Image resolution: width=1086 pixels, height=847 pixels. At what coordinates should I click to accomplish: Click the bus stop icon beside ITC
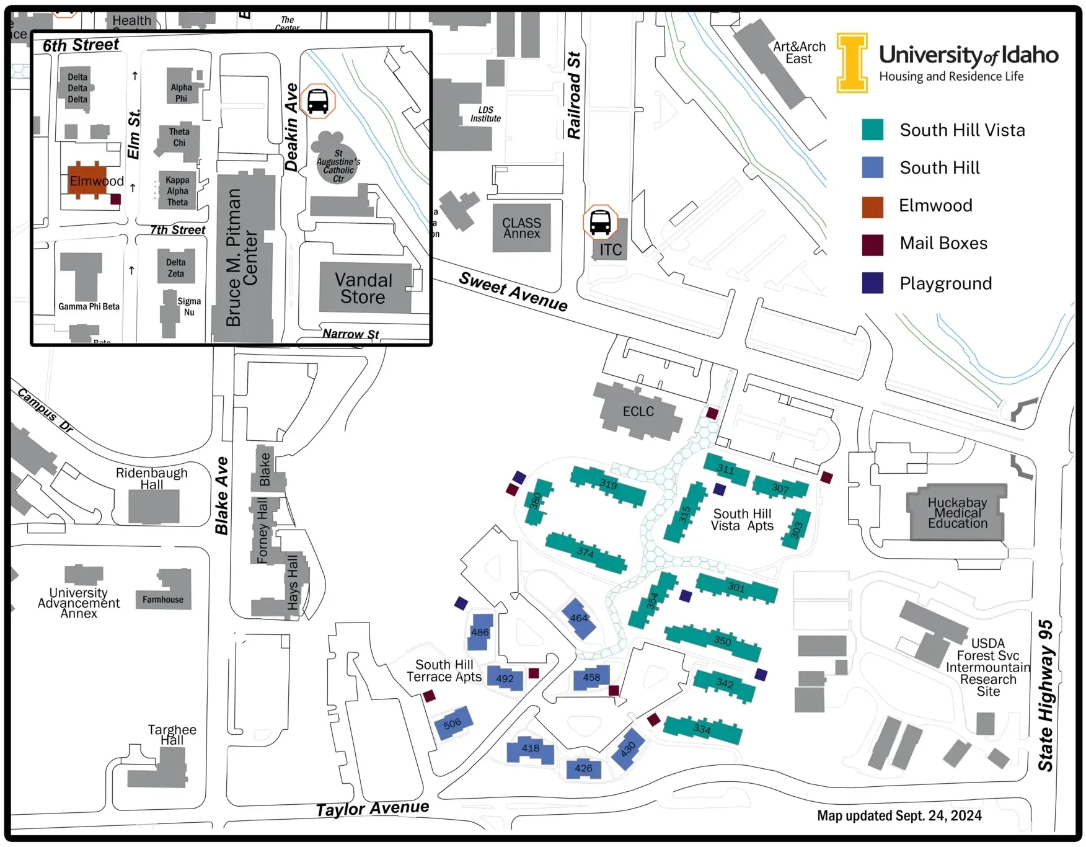click(600, 222)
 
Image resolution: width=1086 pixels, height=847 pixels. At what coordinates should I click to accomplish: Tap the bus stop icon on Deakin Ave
click(317, 101)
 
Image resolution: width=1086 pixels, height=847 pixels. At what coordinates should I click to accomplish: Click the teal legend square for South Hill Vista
click(872, 130)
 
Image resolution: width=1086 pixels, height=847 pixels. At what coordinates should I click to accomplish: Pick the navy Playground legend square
click(872, 283)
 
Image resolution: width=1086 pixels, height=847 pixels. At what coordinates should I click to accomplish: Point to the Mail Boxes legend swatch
click(872, 244)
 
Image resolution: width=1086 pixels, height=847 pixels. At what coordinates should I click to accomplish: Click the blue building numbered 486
click(480, 631)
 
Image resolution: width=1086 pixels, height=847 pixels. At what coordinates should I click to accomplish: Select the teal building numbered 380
click(537, 501)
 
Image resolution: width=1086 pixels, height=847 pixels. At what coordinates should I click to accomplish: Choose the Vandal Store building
click(364, 288)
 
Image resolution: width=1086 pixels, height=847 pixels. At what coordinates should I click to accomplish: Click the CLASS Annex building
click(521, 228)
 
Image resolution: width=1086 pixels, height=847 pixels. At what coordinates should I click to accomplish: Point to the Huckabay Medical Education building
click(957, 513)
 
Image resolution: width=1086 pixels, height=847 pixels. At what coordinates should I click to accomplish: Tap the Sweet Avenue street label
click(513, 291)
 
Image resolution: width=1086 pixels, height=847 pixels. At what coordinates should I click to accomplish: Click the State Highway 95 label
click(1046, 695)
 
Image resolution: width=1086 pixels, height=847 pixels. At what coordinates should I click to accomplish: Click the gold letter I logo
click(852, 63)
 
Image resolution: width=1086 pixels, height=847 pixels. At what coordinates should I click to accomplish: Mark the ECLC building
click(638, 410)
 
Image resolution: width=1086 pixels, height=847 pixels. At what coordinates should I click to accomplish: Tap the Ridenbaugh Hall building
click(154, 505)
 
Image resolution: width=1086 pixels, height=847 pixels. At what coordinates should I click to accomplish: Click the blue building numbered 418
click(530, 749)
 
